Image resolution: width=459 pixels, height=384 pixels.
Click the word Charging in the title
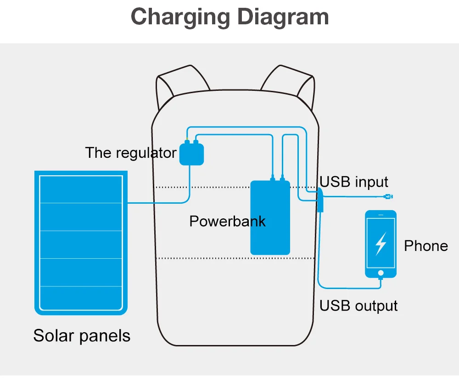(180, 17)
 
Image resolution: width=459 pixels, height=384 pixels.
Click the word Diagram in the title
(283, 17)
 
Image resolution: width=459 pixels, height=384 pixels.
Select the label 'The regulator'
(130, 153)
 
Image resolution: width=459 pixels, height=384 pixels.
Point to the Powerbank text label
(228, 221)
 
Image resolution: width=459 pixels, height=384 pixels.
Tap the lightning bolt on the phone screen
(381, 244)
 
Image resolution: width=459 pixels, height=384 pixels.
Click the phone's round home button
(381, 273)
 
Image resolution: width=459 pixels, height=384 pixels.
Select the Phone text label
(426, 246)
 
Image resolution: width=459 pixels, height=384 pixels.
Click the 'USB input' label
(353, 182)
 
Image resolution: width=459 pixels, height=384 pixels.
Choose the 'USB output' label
(358, 306)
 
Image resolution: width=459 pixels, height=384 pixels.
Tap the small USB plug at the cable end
(388, 196)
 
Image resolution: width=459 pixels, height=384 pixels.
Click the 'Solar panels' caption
(82, 336)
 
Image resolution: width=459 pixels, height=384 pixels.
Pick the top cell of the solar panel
(81, 189)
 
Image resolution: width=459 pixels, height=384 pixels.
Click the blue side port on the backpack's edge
(320, 200)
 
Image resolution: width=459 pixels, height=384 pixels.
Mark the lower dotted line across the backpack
(235, 258)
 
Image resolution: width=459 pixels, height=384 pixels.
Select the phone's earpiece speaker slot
(381, 215)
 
